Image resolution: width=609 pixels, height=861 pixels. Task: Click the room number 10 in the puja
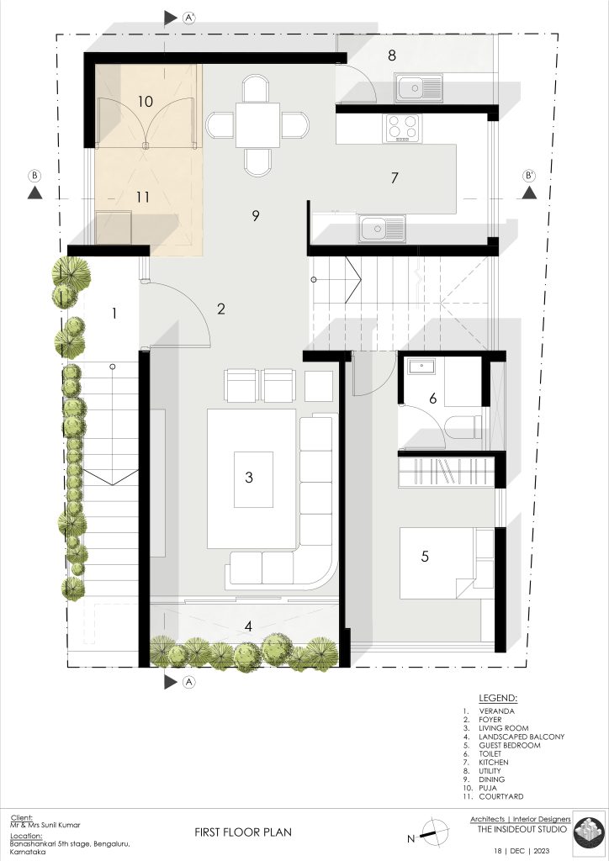pos(145,102)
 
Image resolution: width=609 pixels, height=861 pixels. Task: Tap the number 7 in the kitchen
pos(395,178)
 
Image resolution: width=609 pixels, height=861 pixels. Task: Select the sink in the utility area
pos(419,87)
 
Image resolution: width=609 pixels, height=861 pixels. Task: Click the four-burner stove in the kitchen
pos(403,128)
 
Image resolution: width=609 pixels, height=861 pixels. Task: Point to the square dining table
pos(257,124)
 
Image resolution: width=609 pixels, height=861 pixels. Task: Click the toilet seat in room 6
pos(463,426)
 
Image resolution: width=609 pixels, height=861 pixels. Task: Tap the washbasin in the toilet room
pos(421,367)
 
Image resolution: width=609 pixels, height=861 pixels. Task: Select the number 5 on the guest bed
pos(425,557)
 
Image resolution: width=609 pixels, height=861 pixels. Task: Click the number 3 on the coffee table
pos(249,478)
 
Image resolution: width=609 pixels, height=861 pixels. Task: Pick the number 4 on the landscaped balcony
pos(249,626)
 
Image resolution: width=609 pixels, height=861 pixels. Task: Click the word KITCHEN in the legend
pos(494,762)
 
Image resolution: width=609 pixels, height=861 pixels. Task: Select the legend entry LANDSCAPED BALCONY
pos(522,737)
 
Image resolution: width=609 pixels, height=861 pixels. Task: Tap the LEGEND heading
pos(498,699)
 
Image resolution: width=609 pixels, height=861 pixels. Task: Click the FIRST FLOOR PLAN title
pos(243,832)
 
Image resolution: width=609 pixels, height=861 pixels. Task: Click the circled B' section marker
pos(529,176)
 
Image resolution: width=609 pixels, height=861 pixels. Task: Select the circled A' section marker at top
pos(189,18)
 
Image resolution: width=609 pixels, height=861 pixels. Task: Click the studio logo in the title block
pos(589,834)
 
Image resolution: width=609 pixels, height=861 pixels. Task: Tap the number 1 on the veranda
pos(114,314)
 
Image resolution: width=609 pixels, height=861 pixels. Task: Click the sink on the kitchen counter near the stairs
pos(382,229)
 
